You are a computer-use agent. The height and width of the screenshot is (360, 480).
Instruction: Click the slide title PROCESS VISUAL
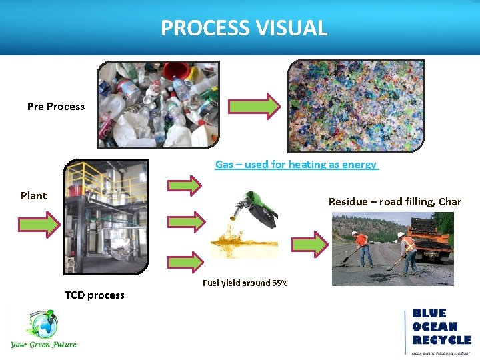243,28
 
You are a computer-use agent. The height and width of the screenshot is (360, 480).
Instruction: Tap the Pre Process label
56,107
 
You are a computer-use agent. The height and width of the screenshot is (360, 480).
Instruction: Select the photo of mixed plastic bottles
159,104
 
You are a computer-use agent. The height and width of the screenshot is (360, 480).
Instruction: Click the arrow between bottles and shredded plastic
254,107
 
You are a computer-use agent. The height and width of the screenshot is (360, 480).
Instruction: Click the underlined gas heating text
296,165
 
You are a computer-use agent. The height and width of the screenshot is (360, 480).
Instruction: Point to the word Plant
33,196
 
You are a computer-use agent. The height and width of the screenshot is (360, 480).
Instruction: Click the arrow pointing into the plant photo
38,224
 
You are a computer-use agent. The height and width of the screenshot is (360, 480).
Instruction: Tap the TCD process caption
94,295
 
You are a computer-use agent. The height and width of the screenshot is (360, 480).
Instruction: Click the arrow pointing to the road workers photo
310,244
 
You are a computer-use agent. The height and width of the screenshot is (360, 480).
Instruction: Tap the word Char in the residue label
450,202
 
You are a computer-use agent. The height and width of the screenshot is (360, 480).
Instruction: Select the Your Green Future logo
43,329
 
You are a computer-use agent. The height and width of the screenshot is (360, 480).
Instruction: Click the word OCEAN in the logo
435,327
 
